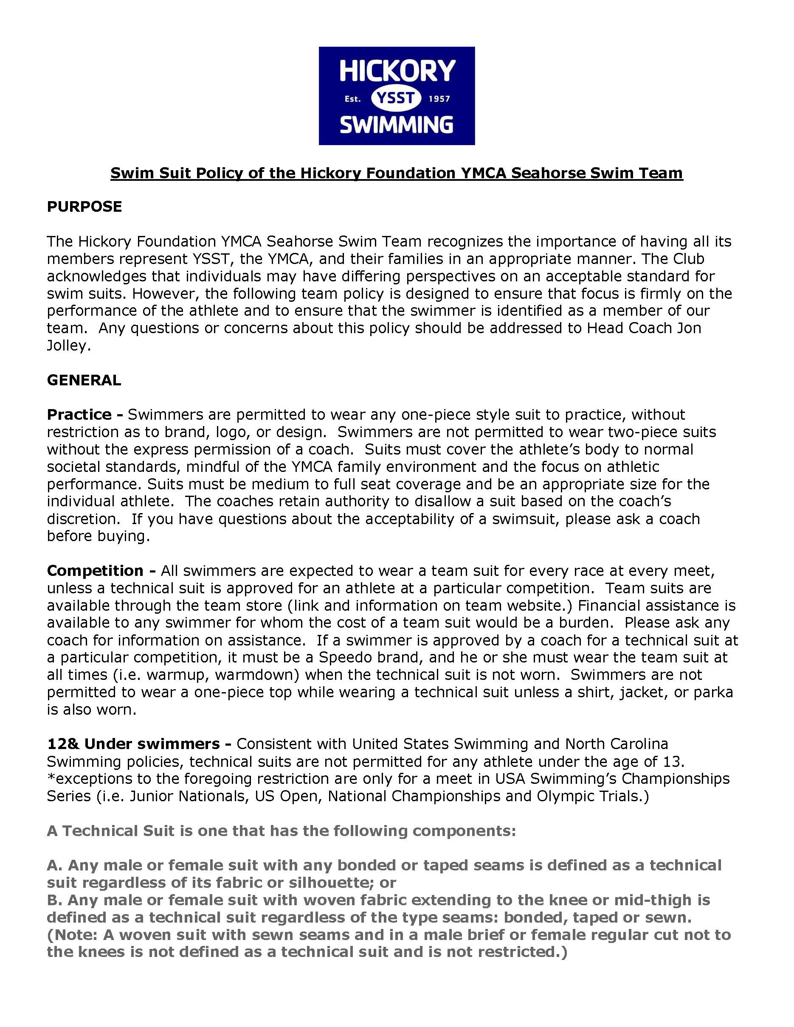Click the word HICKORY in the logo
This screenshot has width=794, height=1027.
point(397,71)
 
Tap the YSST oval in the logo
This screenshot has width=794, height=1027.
point(396,98)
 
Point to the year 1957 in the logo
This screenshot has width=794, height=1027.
point(439,99)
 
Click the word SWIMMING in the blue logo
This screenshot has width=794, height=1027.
point(396,125)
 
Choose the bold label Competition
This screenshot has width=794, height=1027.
point(95,571)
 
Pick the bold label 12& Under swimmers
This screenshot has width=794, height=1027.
point(134,744)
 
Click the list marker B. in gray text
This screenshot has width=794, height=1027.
point(55,900)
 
